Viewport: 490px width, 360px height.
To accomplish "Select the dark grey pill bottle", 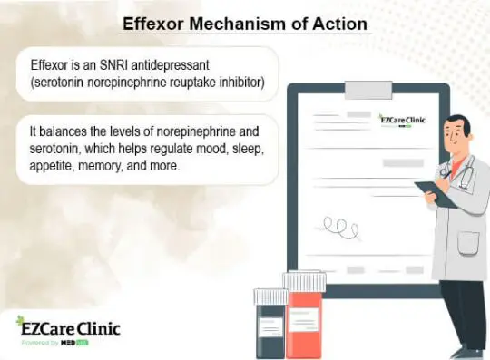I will tap(270, 331).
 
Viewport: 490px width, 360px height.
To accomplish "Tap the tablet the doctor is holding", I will tap(433, 190).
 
